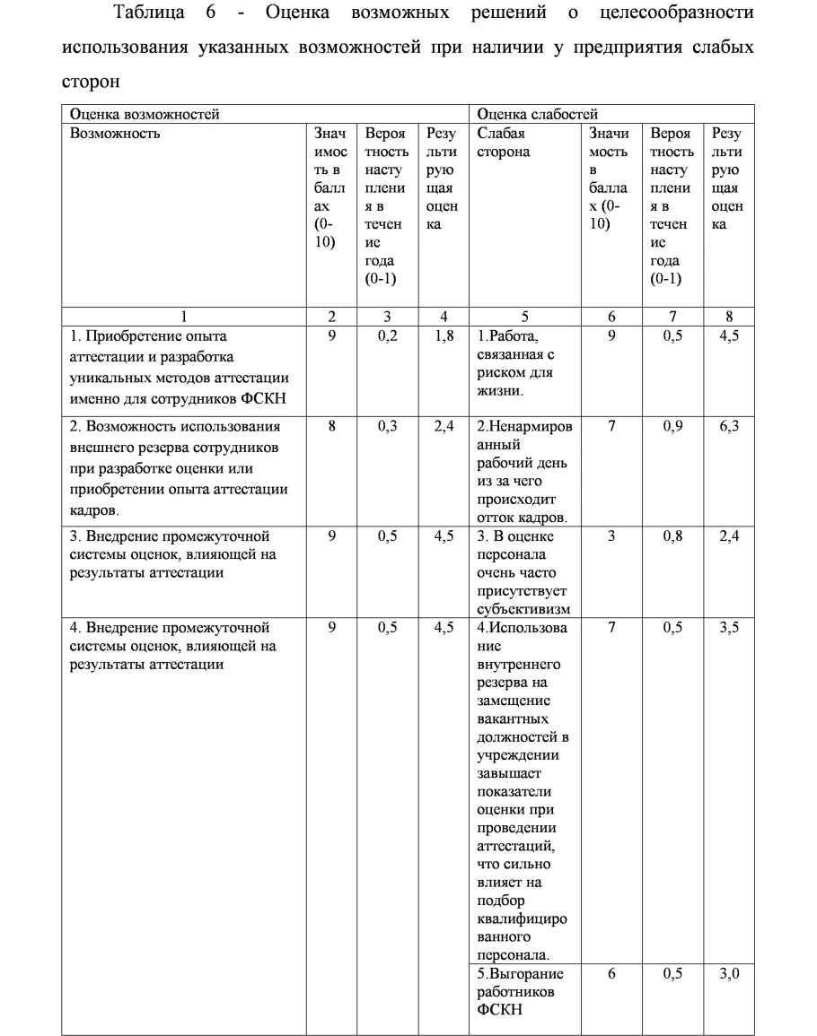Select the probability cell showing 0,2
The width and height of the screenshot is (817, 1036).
pyautogui.click(x=388, y=337)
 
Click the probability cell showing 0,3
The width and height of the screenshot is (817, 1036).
pyautogui.click(x=388, y=427)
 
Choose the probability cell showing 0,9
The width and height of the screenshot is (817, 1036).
pyautogui.click(x=673, y=427)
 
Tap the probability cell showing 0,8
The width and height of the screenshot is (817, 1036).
pyautogui.click(x=673, y=537)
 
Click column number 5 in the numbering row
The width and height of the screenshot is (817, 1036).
pyautogui.click(x=524, y=316)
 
